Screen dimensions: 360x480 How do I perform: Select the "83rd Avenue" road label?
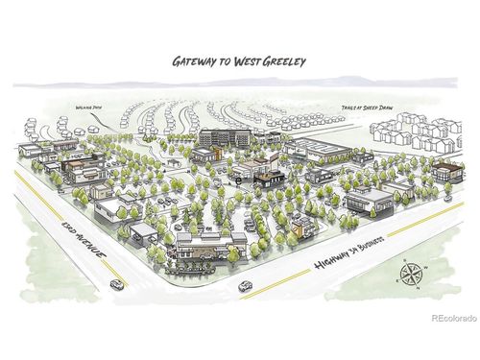point(84,236)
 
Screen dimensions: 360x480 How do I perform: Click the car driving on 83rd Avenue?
point(116,283)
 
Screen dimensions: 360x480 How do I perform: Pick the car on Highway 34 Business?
point(245,284)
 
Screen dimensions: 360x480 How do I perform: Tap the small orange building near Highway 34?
point(303,227)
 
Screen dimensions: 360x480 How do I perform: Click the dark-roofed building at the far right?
point(444,173)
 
